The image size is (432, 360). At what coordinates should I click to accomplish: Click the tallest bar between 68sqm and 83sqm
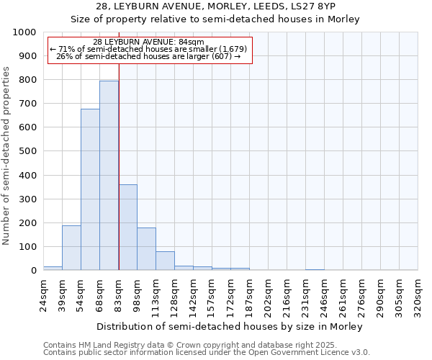pos(109,176)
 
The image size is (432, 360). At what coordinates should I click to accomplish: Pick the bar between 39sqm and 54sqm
pos(71,248)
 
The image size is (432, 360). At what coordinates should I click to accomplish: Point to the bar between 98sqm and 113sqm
pos(146,249)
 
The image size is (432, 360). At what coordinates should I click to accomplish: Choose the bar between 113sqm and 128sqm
pos(165,261)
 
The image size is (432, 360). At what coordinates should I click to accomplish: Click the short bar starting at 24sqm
pos(53,268)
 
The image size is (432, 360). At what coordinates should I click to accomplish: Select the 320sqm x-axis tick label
pos(418,294)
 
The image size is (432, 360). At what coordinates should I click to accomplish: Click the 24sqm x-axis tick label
pos(43,292)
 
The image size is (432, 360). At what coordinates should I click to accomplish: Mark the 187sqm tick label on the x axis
pos(249,294)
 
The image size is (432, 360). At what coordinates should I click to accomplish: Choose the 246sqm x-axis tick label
pos(324,294)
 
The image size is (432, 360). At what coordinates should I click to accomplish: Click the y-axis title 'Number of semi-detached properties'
pos(6,156)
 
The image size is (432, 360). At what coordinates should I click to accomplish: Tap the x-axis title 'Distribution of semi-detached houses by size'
pos(202,326)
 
